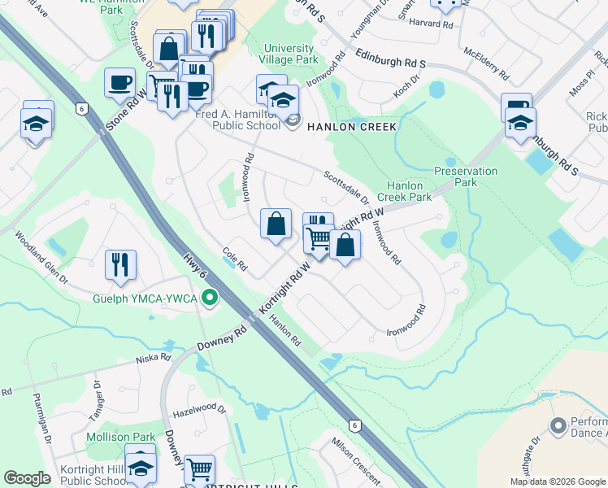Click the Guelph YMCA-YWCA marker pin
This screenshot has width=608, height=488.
pyautogui.click(x=210, y=298)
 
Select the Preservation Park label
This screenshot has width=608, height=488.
pyautogui.click(x=466, y=176)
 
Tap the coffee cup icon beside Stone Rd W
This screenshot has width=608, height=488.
pyautogui.click(x=119, y=82)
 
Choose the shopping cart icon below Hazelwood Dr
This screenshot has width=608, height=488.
pyautogui.click(x=199, y=469)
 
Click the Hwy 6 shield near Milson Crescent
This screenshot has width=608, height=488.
pyautogui.click(x=354, y=425)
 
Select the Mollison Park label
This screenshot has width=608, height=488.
pyautogui.click(x=120, y=438)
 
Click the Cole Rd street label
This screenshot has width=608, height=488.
pyautogui.click(x=234, y=260)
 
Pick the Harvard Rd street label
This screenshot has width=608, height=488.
pyautogui.click(x=430, y=24)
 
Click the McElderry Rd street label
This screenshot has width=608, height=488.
pyautogui.click(x=486, y=63)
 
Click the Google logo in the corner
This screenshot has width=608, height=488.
pyautogui.click(x=27, y=478)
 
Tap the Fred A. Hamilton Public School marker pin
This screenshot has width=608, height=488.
pyautogui.click(x=293, y=122)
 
